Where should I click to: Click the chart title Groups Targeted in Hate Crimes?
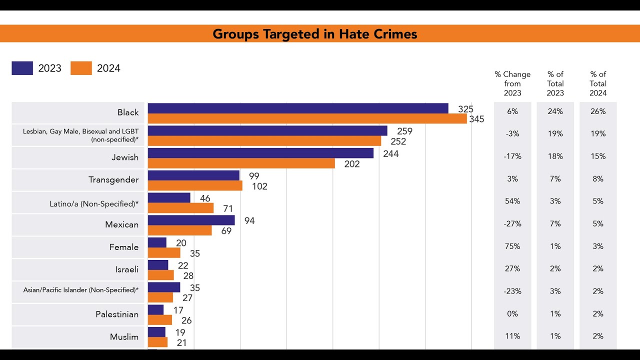(314, 34)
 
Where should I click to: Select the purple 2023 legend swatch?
(22, 68)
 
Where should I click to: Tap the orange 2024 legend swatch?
(81, 68)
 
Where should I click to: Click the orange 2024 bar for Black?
(307, 119)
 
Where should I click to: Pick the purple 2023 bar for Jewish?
(260, 153)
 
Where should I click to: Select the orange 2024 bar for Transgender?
(195, 186)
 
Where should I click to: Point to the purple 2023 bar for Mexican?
(191, 220)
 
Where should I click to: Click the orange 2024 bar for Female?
(164, 253)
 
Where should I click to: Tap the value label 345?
(477, 119)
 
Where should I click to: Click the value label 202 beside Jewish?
(352, 164)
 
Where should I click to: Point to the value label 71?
(228, 209)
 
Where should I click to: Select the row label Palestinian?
(117, 314)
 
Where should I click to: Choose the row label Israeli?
(127, 269)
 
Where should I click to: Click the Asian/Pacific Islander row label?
(81, 290)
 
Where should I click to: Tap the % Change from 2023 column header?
(512, 83)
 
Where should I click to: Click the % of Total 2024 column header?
(598, 83)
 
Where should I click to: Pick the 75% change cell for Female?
(512, 246)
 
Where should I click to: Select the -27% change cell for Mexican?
(512, 224)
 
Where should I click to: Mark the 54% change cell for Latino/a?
(512, 201)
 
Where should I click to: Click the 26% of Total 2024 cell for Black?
(598, 111)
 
